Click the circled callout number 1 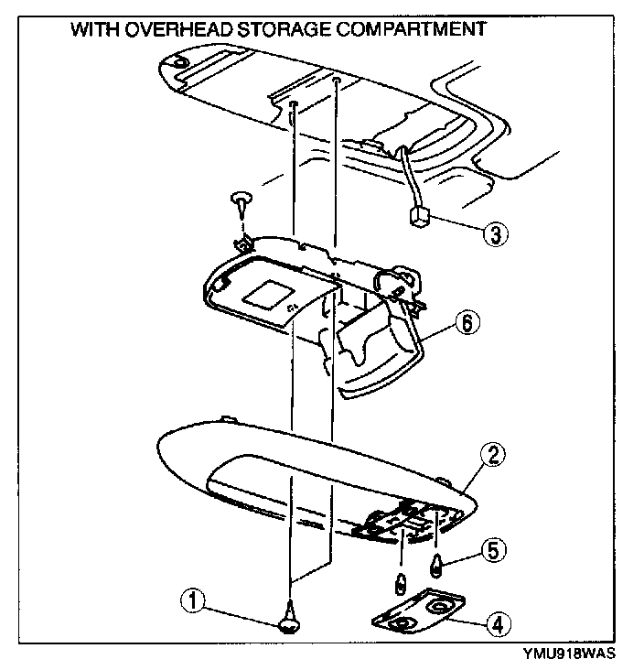193,601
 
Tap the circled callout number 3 494,234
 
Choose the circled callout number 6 467,322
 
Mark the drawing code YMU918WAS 568,654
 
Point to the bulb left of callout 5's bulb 401,582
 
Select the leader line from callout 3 453,228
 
